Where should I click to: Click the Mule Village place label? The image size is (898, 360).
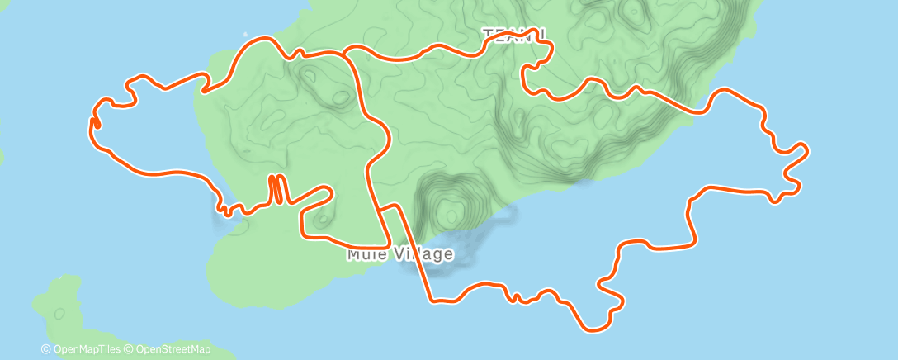point(400,254)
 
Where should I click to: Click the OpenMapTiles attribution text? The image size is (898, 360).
point(85,350)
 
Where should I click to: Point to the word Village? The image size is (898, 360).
point(423,254)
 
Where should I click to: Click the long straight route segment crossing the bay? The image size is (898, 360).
point(414,252)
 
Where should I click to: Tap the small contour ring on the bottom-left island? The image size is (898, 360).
point(59,314)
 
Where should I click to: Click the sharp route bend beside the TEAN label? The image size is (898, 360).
point(546,37)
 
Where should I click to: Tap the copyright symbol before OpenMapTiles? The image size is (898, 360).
point(46,350)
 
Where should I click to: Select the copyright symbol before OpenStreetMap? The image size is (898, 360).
point(128,350)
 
